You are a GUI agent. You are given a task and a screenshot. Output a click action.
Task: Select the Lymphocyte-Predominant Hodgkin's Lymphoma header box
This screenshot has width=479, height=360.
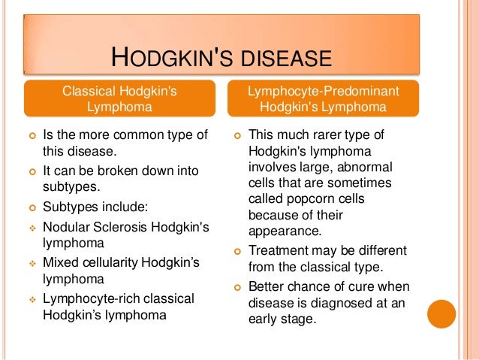pos(324,99)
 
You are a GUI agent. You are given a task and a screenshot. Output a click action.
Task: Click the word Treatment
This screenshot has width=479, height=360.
pos(279,250)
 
